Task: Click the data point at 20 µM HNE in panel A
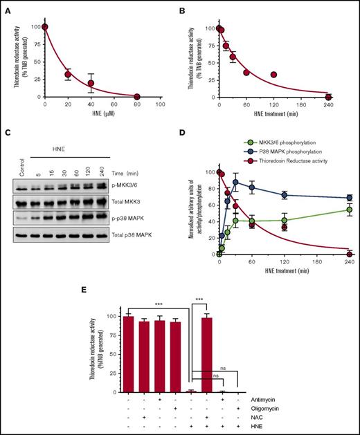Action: click(68, 75)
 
